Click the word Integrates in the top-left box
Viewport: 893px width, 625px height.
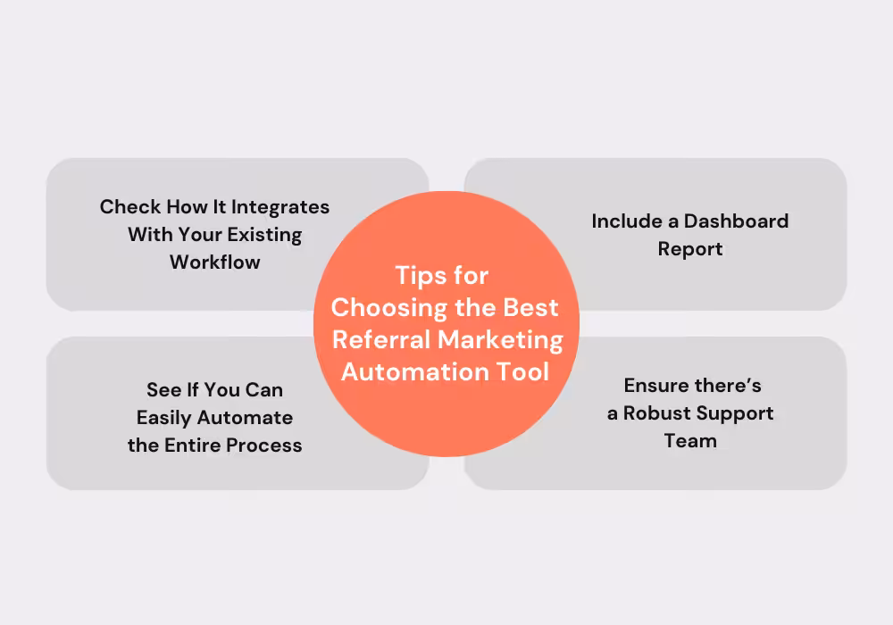point(280,207)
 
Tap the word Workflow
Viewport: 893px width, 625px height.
point(215,262)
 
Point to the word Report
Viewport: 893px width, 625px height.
point(690,249)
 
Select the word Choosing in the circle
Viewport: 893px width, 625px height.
point(388,307)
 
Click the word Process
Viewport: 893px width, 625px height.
point(264,446)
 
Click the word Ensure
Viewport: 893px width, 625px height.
point(655,386)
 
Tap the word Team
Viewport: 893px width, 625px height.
point(690,441)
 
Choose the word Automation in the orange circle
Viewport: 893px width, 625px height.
point(415,371)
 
